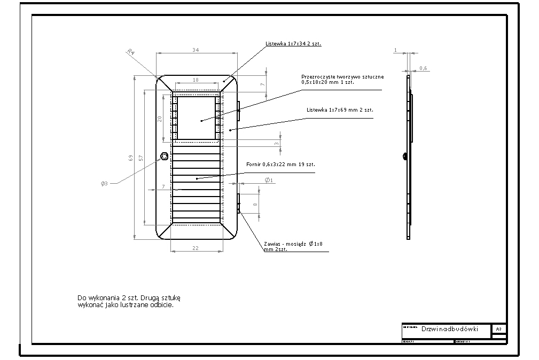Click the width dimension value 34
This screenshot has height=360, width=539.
click(196, 50)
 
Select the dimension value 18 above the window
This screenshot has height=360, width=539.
click(196, 79)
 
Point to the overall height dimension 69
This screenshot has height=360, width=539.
click(130, 158)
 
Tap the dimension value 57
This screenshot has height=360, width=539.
click(140, 158)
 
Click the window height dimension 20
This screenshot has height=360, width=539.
click(159, 119)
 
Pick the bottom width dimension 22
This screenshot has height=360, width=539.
click(196, 248)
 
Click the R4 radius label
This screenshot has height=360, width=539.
click(130, 52)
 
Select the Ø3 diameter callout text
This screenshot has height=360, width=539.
click(105, 183)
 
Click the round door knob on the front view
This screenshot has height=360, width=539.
click(165, 156)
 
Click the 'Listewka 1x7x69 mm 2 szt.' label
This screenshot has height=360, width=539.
click(340, 109)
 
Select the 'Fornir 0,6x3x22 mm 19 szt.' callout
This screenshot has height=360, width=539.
click(280, 164)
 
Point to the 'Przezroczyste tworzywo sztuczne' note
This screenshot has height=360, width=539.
click(342, 77)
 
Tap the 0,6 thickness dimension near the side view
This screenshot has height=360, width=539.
click(423, 68)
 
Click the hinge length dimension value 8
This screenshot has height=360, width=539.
click(255, 205)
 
